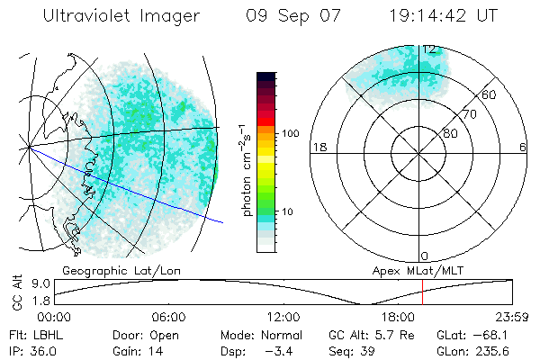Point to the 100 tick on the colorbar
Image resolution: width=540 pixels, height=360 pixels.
coord(290,133)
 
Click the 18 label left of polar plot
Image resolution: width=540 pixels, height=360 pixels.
coord(317,147)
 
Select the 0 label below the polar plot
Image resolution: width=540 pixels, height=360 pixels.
coord(425,256)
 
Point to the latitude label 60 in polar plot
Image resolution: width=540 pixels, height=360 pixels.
coord(489,94)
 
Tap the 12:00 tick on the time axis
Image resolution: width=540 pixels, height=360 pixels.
coord(283,317)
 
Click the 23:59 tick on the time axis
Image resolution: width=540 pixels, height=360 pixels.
coord(511,317)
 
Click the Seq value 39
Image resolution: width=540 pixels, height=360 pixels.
coord(367,351)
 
